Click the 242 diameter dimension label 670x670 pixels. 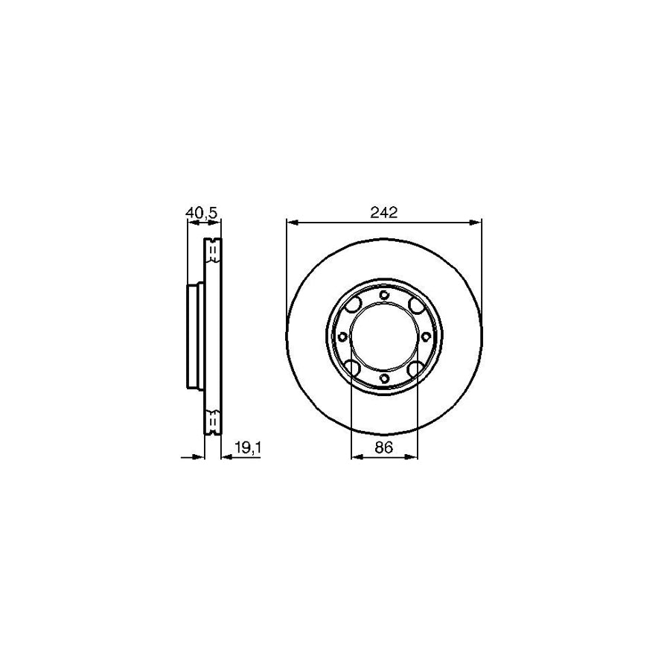(384, 212)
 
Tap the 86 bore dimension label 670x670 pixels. (384, 447)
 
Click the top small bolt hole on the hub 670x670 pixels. (384, 296)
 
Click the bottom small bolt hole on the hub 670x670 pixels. (384, 379)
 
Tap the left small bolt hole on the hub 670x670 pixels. (342, 337)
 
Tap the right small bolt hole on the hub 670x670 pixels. (426, 337)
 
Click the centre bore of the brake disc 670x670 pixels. (384, 337)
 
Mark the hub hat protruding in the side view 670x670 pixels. (192, 337)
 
